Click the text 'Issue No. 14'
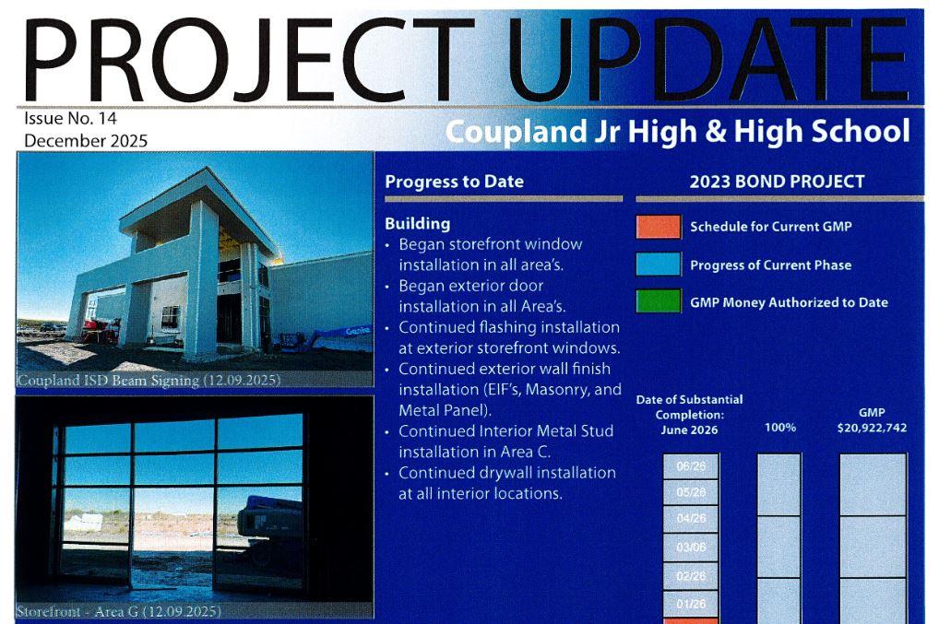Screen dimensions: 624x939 pyautogui.click(x=70, y=119)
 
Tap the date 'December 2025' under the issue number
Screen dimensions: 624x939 pyautogui.click(x=86, y=141)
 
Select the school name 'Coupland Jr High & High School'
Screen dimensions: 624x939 pyautogui.click(x=677, y=131)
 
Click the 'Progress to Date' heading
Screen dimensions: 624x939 pyautogui.click(x=454, y=182)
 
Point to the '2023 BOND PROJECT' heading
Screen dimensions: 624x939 pyautogui.click(x=777, y=182)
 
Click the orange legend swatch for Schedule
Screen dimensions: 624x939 pyautogui.click(x=657, y=227)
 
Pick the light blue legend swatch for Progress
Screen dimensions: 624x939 pyautogui.click(x=657, y=265)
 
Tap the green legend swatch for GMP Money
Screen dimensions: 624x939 pyautogui.click(x=657, y=302)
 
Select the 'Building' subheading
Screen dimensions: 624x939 pyautogui.click(x=417, y=223)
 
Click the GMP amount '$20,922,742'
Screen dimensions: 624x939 pyautogui.click(x=872, y=428)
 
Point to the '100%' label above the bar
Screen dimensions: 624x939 pyautogui.click(x=780, y=427)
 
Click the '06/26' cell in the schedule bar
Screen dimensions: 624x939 pyautogui.click(x=691, y=466)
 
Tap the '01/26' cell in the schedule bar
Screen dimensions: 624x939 pyautogui.click(x=691, y=604)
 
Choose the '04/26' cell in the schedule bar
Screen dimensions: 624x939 pyautogui.click(x=691, y=519)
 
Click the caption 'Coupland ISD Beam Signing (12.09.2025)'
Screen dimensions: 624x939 pyautogui.click(x=149, y=380)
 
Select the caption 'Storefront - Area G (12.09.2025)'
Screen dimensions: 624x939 pyautogui.click(x=119, y=611)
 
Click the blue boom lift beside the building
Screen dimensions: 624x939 pyautogui.click(x=318, y=337)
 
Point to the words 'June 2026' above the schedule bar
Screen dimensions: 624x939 pyautogui.click(x=689, y=430)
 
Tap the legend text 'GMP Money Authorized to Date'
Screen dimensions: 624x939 pyautogui.click(x=789, y=302)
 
